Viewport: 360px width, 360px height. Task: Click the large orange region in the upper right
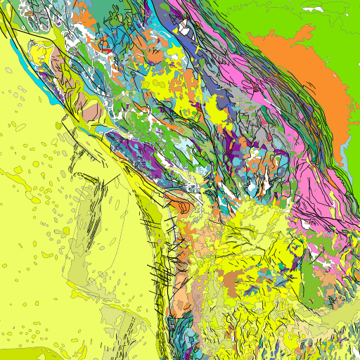309,84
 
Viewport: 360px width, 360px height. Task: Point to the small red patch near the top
105,50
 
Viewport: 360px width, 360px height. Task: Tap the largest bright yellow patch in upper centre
165,84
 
